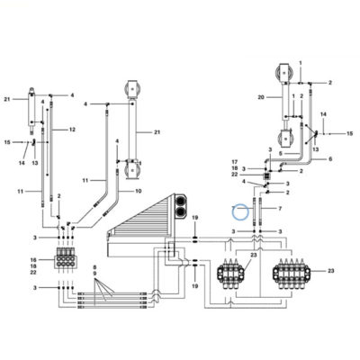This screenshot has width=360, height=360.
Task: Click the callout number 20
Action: coord(261,97)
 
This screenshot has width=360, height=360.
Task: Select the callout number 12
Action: coord(72,130)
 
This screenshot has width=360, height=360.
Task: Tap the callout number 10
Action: coord(139,191)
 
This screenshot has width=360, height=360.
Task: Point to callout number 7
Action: coord(280,208)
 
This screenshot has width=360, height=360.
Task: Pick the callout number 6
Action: coord(330,159)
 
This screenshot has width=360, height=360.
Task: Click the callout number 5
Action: coord(281,153)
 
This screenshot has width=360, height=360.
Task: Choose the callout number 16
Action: coord(33,259)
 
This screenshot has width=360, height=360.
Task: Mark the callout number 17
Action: coord(235,162)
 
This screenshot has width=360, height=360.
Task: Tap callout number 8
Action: coord(94,267)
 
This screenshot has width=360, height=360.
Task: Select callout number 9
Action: coord(94,274)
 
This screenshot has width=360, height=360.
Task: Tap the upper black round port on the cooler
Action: coord(181,200)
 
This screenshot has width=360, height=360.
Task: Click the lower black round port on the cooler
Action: coord(181,212)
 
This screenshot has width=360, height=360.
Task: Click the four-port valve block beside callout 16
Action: coord(66,257)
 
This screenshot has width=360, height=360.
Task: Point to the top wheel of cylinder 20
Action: coord(283,74)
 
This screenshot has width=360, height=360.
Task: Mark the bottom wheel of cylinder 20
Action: coord(286,139)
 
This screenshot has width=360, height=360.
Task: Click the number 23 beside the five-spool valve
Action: coord(330,271)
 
